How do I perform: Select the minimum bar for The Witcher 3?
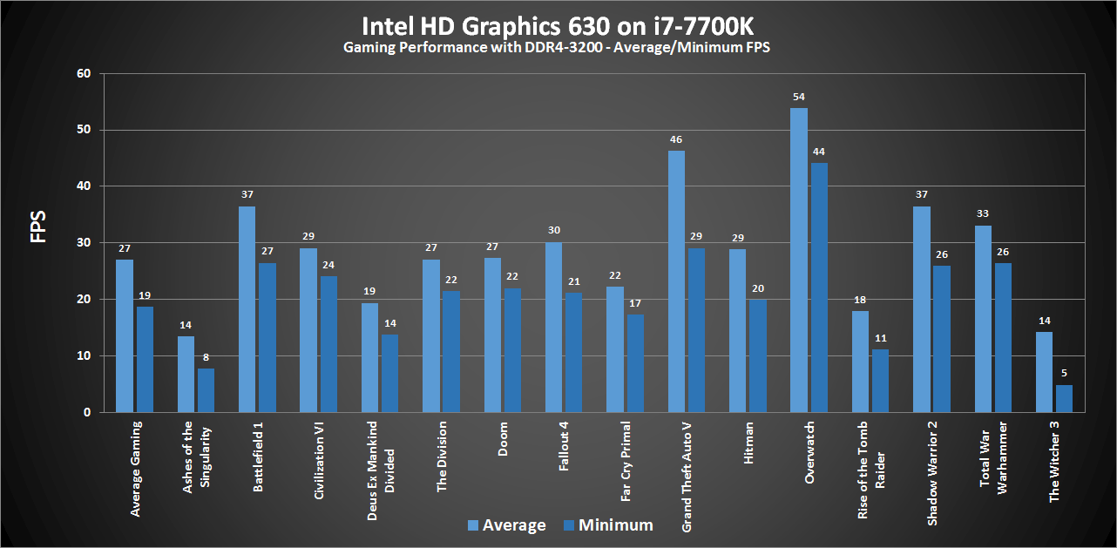(1064, 398)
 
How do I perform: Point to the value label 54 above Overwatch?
(799, 98)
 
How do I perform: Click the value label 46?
(676, 139)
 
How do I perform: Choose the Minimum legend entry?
(608, 524)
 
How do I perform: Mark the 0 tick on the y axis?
(86, 412)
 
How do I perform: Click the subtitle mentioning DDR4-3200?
(558, 48)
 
